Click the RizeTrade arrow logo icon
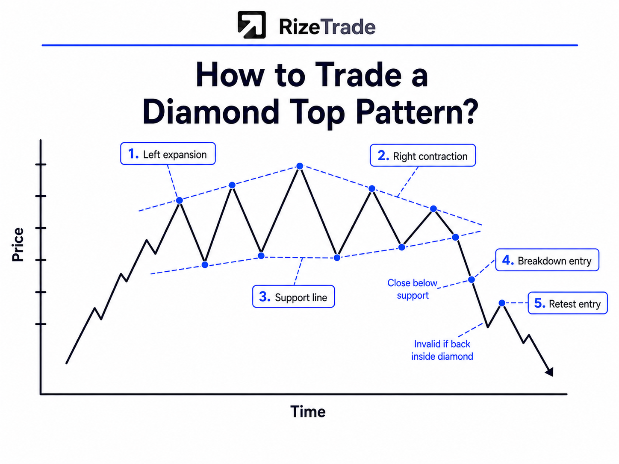251,25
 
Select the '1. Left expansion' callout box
168,153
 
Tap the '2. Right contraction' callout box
423,155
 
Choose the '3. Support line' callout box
294,297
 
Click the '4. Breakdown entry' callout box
547,260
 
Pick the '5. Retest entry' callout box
568,303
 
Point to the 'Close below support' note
412,289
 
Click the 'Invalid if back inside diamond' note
442,350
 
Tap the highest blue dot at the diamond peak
300,166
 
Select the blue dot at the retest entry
502,303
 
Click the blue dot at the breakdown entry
471,279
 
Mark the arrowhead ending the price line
550,372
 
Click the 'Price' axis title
18,244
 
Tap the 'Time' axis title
308,411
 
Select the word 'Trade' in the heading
358,74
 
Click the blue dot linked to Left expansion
180,200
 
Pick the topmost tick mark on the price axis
41,164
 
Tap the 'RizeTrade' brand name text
327,27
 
